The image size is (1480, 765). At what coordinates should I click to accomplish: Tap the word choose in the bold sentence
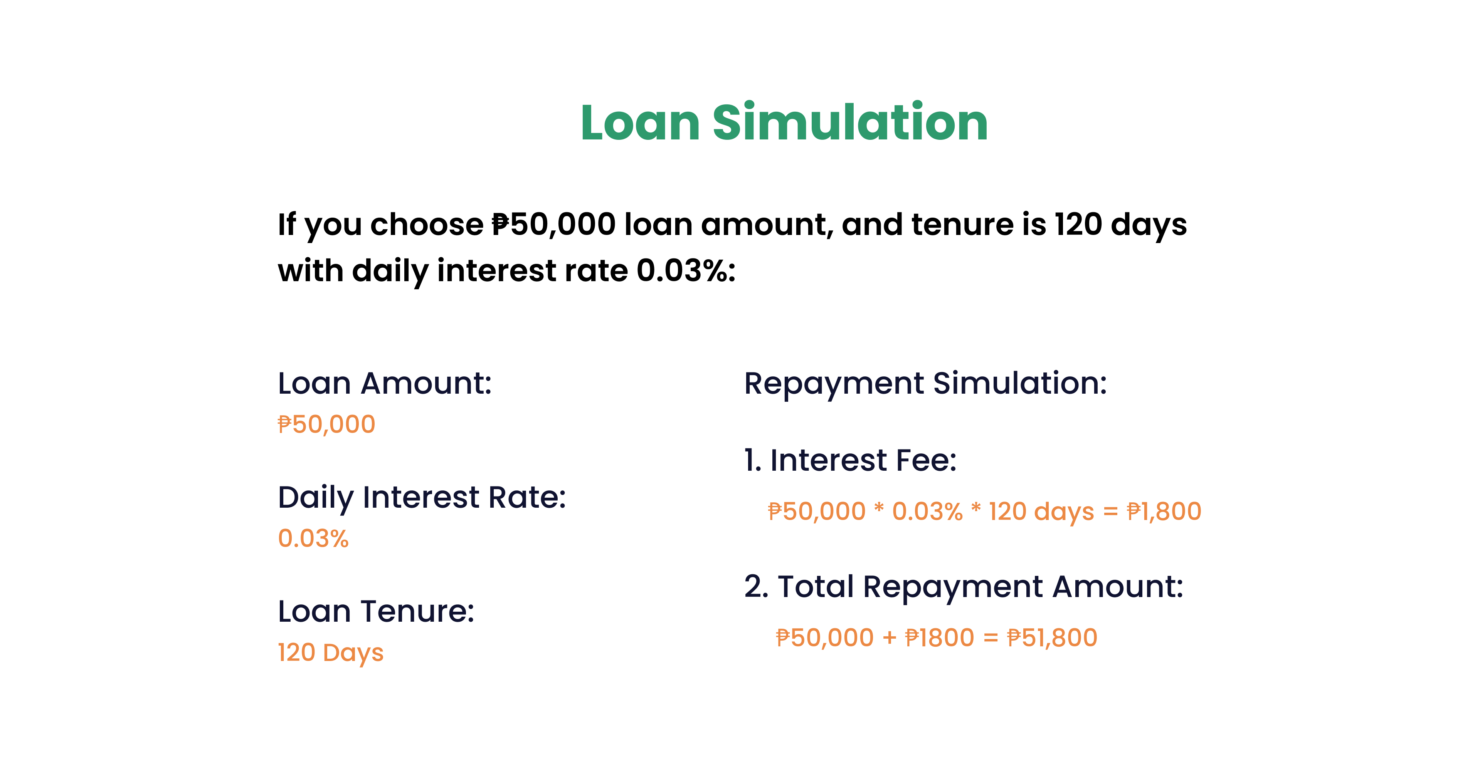tap(427, 225)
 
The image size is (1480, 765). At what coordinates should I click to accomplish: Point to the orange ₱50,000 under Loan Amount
tap(326, 424)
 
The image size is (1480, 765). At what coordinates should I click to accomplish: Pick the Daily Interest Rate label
tap(422, 497)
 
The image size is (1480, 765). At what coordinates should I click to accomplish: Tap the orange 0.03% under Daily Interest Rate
tap(313, 538)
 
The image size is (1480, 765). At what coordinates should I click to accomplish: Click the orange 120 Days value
tap(330, 653)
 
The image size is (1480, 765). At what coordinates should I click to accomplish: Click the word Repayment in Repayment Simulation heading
tap(834, 384)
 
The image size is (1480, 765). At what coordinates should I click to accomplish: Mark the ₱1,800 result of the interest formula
tap(1164, 511)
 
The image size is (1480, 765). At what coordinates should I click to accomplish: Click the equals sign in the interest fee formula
tap(1110, 512)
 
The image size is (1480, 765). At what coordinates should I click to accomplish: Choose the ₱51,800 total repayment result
tap(1053, 637)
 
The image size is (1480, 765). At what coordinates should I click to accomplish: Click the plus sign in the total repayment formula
tap(890, 638)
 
